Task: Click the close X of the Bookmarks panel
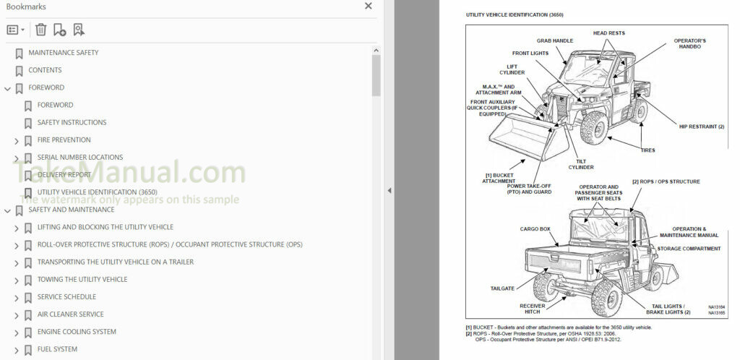[x=369, y=7]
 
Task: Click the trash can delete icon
[x=41, y=30]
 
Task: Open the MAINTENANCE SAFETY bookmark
[x=63, y=53]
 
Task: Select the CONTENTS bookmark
[x=45, y=70]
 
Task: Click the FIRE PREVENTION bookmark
[x=64, y=140]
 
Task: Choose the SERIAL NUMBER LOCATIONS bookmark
[x=79, y=158]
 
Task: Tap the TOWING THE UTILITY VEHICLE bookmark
[x=82, y=280]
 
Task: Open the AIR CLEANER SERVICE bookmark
[x=70, y=314]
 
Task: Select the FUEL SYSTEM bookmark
[x=57, y=349]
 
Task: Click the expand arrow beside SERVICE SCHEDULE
[x=17, y=297]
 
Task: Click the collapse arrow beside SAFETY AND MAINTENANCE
[x=7, y=210]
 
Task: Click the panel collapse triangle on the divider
[x=389, y=190]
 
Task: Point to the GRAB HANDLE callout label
[x=554, y=41]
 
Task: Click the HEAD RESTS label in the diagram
[x=608, y=33]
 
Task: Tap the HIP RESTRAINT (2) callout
[x=701, y=127]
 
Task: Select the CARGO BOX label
[x=535, y=229]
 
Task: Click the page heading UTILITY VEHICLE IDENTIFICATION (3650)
[x=515, y=14]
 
